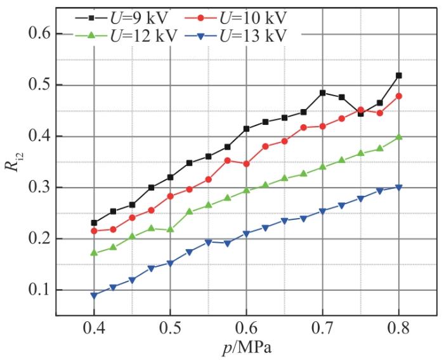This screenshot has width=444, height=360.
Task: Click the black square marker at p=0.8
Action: click(399, 75)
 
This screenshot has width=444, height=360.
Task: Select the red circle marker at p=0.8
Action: click(399, 96)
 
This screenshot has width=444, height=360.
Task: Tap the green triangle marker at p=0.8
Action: click(399, 136)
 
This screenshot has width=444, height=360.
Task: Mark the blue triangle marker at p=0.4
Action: click(94, 295)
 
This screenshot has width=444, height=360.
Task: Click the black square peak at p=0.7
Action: click(323, 93)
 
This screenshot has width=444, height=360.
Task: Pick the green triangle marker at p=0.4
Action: click(94, 252)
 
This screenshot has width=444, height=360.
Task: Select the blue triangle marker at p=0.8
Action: click(399, 188)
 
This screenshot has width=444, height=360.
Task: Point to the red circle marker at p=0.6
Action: click(246, 164)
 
